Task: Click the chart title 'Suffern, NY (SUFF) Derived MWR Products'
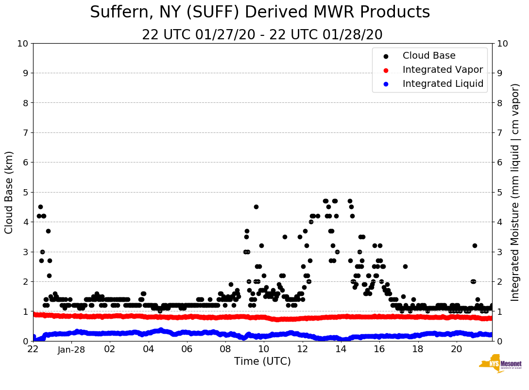260,12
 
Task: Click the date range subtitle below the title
262,34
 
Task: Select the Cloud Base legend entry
429,56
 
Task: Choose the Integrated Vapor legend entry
443,70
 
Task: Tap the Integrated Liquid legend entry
443,84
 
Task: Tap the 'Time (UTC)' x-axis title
262,361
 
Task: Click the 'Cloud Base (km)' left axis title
9,192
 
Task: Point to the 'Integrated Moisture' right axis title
515,192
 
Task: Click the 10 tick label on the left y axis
22,43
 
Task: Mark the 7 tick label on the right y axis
499,132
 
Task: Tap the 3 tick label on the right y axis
499,252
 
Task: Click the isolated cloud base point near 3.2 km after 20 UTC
475,245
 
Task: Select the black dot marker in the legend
386,56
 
